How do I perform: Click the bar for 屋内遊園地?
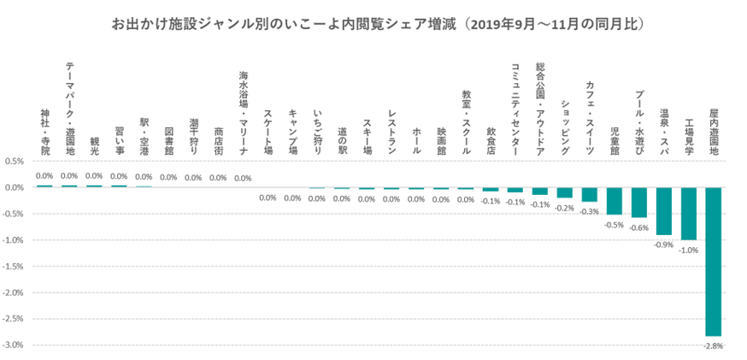(713, 261)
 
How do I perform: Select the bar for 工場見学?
(688, 213)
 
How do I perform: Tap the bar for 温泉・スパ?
(663, 210)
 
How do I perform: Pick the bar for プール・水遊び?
(638, 203)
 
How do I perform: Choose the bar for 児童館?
(614, 200)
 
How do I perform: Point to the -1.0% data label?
(688, 250)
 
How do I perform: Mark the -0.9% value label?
(663, 245)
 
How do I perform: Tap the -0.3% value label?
(589, 211)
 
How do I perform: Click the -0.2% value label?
(564, 207)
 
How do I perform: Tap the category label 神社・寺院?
(44, 131)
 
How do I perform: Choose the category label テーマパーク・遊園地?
(69, 109)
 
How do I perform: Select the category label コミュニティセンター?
(515, 109)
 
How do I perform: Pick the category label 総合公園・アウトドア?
(539, 109)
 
